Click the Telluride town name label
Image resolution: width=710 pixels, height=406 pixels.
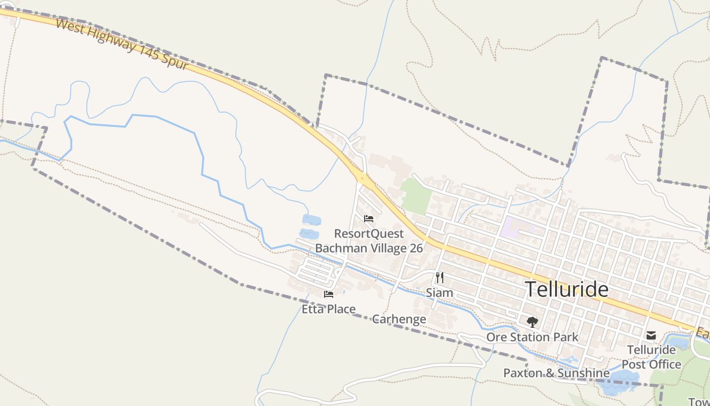point(566,289)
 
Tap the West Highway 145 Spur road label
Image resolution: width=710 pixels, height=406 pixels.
point(122,45)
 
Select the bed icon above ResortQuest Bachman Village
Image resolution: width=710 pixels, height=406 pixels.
point(369,219)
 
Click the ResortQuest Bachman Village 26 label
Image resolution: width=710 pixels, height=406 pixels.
point(369,241)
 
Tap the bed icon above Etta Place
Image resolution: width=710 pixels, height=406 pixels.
point(329,294)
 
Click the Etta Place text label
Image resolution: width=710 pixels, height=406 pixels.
point(329,309)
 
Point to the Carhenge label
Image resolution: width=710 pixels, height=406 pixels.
point(399,319)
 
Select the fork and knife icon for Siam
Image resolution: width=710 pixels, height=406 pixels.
point(439,278)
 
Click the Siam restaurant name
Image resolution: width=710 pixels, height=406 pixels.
point(439,293)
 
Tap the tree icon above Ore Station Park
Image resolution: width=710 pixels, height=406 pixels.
point(532,322)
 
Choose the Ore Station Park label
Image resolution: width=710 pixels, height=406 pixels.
point(532,337)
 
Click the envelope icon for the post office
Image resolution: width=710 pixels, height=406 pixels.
point(651,335)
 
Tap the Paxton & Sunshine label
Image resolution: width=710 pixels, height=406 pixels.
point(556,373)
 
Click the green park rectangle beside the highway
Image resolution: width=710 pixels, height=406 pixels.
point(415,195)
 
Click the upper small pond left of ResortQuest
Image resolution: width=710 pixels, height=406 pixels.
point(311,220)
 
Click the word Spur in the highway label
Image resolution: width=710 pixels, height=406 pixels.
point(175,61)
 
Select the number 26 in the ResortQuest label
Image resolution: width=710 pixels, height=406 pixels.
point(415,248)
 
